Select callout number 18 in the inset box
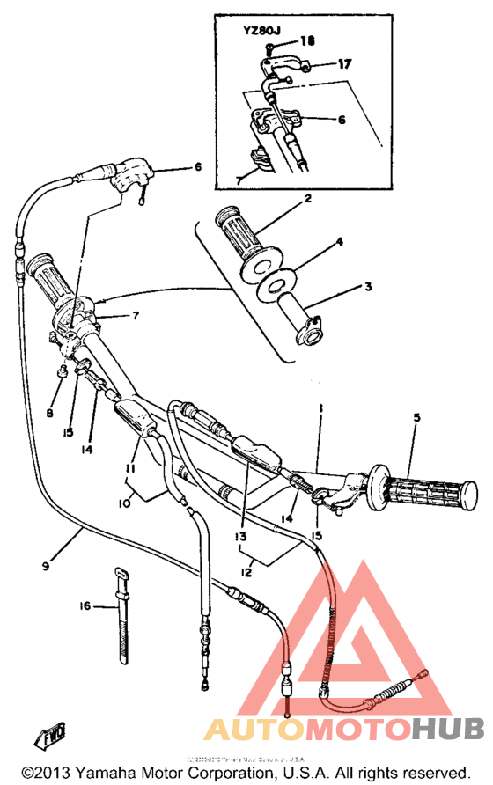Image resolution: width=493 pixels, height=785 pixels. click(x=306, y=41)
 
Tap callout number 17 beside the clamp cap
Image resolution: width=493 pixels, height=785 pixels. click(x=344, y=63)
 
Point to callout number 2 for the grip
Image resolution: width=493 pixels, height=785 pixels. click(x=308, y=200)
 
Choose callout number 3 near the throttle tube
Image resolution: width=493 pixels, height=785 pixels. click(x=369, y=287)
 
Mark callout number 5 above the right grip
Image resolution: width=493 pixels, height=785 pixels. click(x=417, y=418)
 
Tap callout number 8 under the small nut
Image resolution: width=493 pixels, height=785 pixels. click(x=48, y=412)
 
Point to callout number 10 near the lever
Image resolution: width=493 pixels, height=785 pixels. click(x=123, y=503)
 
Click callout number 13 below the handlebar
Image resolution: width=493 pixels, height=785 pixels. click(x=240, y=536)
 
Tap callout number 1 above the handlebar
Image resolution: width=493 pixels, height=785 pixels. click(x=322, y=409)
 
